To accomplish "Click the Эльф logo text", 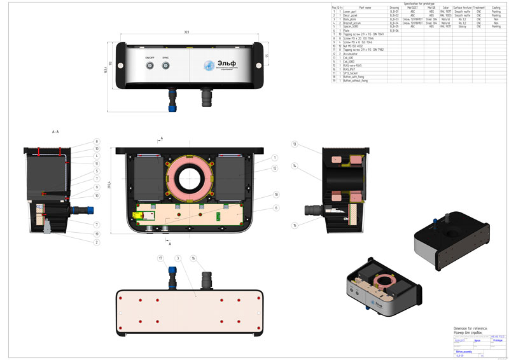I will pyautogui.click(x=225, y=63).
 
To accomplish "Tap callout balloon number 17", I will pyautogui.click(x=161, y=258).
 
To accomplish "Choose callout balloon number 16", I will pyautogui.click(x=193, y=258).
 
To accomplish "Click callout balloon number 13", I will pyautogui.click(x=295, y=144).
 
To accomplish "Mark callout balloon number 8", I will pyautogui.click(x=97, y=141).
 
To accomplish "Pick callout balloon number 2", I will pyautogui.click(x=97, y=242).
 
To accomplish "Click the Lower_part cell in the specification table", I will pyautogui.click(x=352, y=11).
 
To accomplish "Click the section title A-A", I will pyautogui.click(x=55, y=131).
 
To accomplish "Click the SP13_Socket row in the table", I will pyautogui.click(x=352, y=74).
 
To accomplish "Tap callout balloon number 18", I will pyautogui.click(x=275, y=193).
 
